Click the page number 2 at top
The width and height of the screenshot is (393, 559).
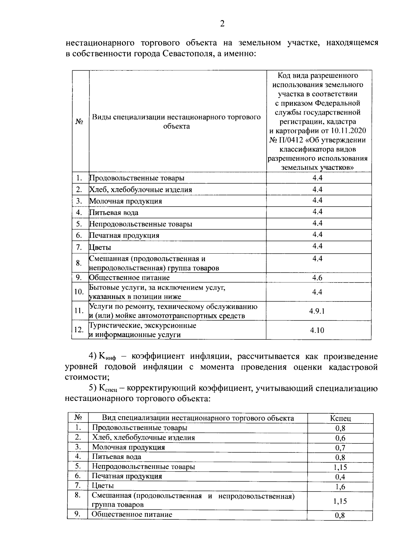pos(222,24)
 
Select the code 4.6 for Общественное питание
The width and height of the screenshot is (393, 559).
pos(317,278)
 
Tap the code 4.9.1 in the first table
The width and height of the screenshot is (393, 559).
pos(317,311)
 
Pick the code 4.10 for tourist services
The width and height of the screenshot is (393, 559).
pos(317,330)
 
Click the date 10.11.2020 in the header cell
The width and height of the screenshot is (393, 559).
pos(348,131)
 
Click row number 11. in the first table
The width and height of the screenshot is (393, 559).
pos(79,311)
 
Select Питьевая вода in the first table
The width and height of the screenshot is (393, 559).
pos(114,213)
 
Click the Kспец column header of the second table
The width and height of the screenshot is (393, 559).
pos(340,418)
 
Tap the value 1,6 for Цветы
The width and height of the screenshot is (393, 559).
pos(340,487)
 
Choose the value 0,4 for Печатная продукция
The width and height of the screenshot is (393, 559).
pos(340,477)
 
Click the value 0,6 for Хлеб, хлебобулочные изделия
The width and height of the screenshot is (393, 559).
pos(340,438)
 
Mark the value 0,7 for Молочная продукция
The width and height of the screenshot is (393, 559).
pos(340,448)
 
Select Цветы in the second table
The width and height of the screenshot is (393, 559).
pos(103,486)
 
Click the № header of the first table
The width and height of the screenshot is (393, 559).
pos(79,121)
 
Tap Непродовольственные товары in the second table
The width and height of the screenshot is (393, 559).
pos(143,466)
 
